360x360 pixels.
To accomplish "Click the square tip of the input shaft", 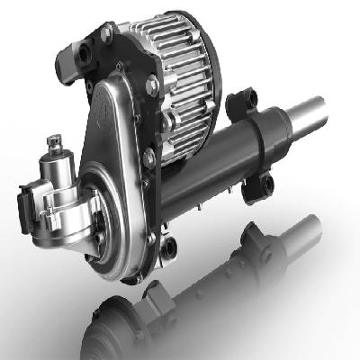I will [57, 140].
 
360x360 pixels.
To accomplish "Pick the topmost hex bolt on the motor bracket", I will [107, 33].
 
